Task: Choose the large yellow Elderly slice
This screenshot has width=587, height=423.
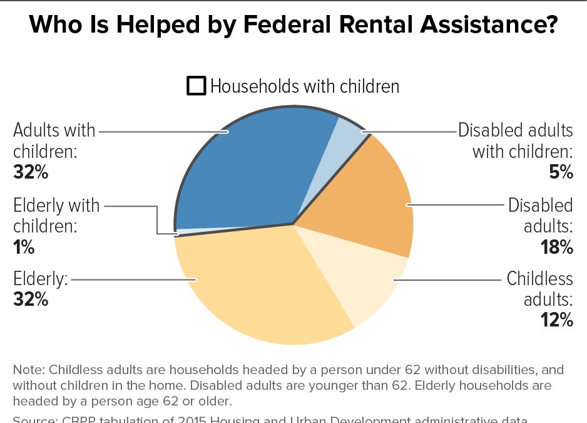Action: [x=263, y=288]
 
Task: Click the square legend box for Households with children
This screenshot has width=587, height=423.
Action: [x=196, y=86]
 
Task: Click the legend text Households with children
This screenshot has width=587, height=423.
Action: [x=305, y=86]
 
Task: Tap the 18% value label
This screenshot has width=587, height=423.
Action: [x=557, y=247]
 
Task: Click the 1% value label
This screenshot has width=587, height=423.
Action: [x=24, y=247]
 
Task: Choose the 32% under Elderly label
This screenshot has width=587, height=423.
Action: [x=30, y=299]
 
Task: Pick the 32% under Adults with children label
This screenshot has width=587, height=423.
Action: [x=30, y=172]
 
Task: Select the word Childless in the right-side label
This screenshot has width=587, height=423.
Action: [x=539, y=278]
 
